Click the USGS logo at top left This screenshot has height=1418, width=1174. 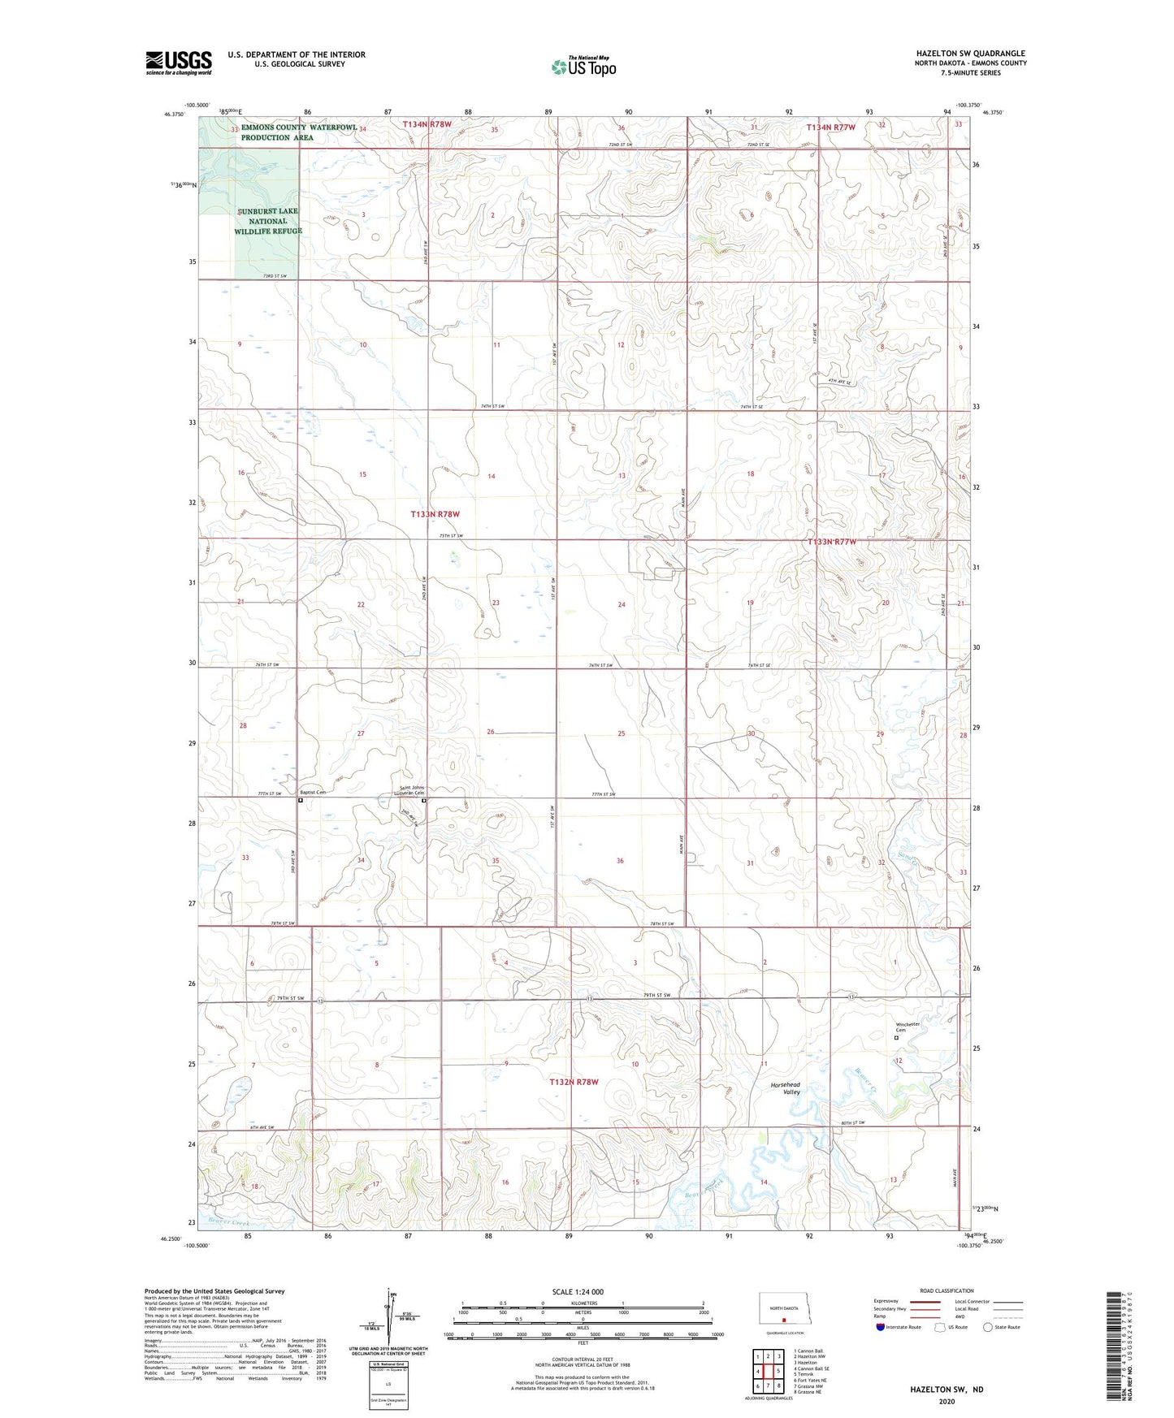click(x=178, y=63)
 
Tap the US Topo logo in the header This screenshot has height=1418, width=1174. click(x=583, y=66)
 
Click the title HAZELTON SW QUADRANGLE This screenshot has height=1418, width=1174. click(x=970, y=54)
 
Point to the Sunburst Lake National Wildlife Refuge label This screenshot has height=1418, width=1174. click(x=268, y=221)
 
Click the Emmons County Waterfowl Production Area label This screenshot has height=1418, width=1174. click(x=299, y=132)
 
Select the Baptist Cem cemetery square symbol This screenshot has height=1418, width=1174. click(x=301, y=800)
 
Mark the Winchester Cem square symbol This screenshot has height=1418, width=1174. click(x=897, y=1037)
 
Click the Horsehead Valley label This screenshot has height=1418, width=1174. click(x=786, y=1088)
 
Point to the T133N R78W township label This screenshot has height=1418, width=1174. click(x=435, y=514)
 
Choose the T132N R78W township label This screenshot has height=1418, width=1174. click(x=574, y=1082)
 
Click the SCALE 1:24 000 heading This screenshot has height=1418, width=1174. click(x=578, y=1291)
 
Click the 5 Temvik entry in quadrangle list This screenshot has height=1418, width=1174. click(x=804, y=1374)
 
